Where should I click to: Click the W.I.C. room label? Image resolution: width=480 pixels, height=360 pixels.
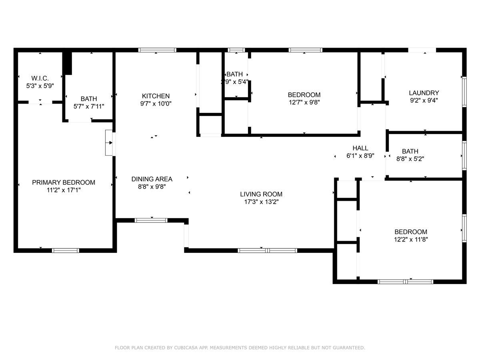40,78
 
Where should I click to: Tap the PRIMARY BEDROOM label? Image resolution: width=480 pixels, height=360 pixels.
64,182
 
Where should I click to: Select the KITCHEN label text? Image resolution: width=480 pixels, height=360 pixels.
156,96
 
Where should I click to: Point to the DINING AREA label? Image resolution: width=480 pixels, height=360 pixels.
152,179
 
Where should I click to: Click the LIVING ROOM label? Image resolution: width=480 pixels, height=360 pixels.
261,194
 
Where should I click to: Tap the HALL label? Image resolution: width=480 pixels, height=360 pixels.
360,148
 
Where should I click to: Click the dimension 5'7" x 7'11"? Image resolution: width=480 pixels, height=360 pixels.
88,106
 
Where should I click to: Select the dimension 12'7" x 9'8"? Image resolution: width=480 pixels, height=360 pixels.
304,102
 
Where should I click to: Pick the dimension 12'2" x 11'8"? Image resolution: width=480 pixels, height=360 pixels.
411,239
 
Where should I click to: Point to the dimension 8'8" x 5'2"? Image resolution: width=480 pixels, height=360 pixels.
410,158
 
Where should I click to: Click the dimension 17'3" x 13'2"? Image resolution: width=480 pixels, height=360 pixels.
261,202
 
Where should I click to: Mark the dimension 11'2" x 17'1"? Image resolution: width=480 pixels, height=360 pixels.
64,190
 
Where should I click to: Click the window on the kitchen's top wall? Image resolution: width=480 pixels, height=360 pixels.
157,50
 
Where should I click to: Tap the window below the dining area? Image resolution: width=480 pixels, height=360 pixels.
151,220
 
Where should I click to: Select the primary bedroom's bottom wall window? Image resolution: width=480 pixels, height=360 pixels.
66,251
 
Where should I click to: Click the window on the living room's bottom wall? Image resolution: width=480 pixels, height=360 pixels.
267,251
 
